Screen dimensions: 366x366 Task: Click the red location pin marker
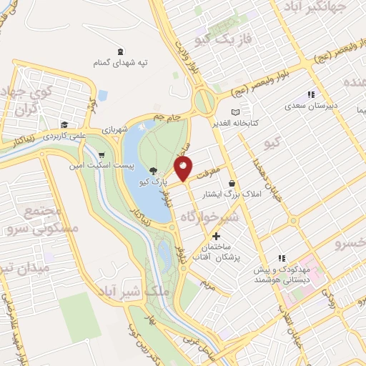(183, 169)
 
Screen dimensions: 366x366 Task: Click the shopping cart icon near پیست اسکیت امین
(102, 154)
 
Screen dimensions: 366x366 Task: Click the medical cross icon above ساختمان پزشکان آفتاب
(215, 236)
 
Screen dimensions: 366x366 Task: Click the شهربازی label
(112, 130)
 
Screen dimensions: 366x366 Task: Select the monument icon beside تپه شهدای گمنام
(119, 51)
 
